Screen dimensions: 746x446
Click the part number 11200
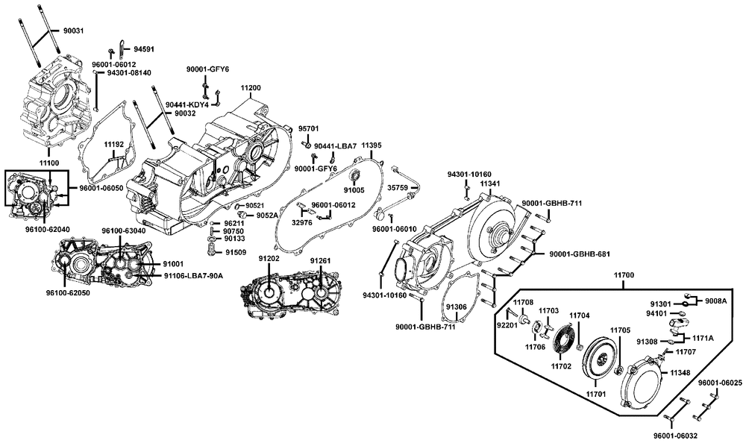click(250, 88)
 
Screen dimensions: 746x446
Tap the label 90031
click(73, 31)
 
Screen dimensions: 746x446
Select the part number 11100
click(49, 163)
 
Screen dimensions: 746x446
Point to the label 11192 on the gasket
click(114, 143)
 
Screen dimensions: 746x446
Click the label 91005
click(354, 189)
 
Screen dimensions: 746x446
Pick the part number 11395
click(371, 145)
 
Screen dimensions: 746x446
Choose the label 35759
click(398, 188)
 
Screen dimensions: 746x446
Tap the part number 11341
click(490, 183)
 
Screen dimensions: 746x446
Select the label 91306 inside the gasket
click(457, 307)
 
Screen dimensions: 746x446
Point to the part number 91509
click(236, 252)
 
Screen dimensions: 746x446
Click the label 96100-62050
click(68, 293)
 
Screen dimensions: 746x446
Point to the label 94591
click(144, 49)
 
